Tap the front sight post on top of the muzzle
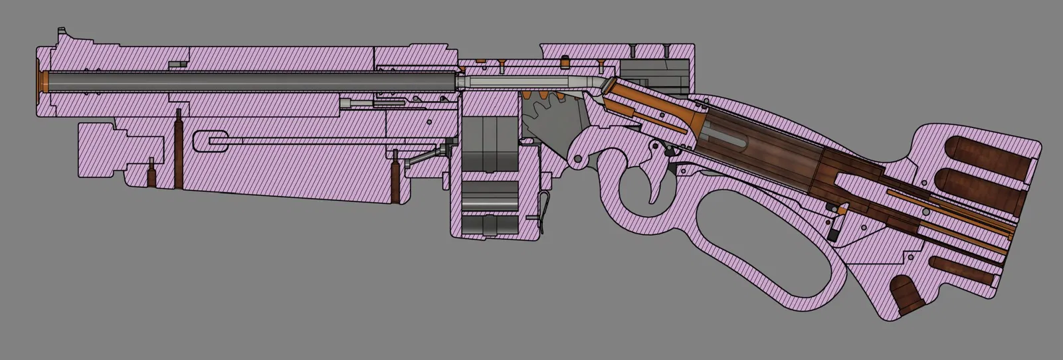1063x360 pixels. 62,32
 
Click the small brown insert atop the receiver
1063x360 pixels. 565,62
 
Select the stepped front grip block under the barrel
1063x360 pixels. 116,149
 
